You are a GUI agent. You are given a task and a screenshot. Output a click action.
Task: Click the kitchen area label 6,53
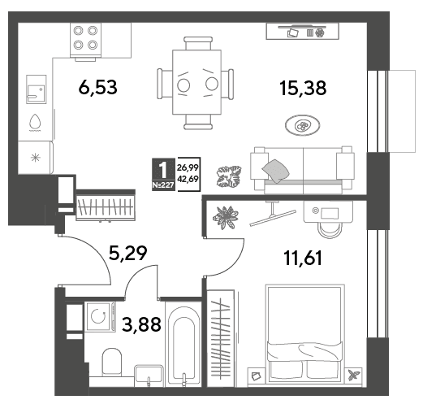(x=98, y=87)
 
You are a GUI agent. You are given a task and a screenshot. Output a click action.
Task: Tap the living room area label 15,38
(x=303, y=88)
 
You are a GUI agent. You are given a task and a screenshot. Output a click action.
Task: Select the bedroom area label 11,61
(x=303, y=258)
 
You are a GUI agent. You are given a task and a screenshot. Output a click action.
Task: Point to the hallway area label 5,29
(x=127, y=253)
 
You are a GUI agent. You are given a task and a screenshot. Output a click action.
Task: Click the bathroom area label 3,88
(x=141, y=324)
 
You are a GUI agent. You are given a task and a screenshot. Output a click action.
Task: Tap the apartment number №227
(x=163, y=185)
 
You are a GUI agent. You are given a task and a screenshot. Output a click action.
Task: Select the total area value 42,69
(x=188, y=179)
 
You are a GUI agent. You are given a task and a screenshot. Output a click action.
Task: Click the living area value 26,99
(x=188, y=167)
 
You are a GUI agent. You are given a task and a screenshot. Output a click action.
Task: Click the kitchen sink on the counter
(x=37, y=89)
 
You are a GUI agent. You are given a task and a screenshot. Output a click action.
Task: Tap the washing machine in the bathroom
(x=100, y=316)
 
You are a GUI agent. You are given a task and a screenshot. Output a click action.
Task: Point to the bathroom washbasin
(x=149, y=376)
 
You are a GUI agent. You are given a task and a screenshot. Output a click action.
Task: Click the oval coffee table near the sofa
(x=302, y=125)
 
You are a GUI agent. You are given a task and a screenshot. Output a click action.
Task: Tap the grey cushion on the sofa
(x=275, y=171)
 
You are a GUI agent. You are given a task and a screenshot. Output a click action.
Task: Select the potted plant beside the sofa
(x=229, y=176)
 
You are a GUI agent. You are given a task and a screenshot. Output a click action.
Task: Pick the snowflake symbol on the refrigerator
(x=36, y=158)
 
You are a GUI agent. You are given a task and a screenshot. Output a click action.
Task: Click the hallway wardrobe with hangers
(x=106, y=206)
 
